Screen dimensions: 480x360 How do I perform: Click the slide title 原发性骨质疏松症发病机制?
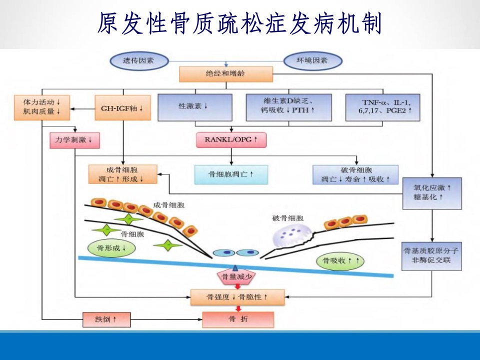coord(239,23)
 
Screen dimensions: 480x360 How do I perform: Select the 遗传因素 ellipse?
coord(139,60)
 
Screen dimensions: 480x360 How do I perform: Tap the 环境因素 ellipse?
coord(312,60)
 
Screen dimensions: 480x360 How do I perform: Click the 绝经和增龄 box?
coord(226,74)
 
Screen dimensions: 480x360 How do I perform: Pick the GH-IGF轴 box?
coord(123,108)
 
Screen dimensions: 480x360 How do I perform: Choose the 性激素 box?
coord(194,107)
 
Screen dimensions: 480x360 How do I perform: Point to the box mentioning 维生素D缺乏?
coord(288,107)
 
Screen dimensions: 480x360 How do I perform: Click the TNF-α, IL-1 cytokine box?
coord(382,107)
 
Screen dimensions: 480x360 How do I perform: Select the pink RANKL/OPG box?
coord(231,140)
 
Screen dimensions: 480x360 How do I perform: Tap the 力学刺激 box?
coord(74,140)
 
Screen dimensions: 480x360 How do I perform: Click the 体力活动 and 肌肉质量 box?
coord(42,107)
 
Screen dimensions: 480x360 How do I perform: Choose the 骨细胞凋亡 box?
coord(231,174)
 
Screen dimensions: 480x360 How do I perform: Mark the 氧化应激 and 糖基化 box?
coord(432,193)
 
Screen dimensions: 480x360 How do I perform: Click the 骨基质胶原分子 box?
coord(431,256)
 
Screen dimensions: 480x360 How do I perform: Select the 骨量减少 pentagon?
coord(236,276)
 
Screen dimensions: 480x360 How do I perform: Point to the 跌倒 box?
coord(106,319)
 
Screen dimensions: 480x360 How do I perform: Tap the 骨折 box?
coord(238,319)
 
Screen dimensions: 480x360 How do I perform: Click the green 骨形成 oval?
coord(111,248)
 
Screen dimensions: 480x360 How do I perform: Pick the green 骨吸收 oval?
coord(340,261)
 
